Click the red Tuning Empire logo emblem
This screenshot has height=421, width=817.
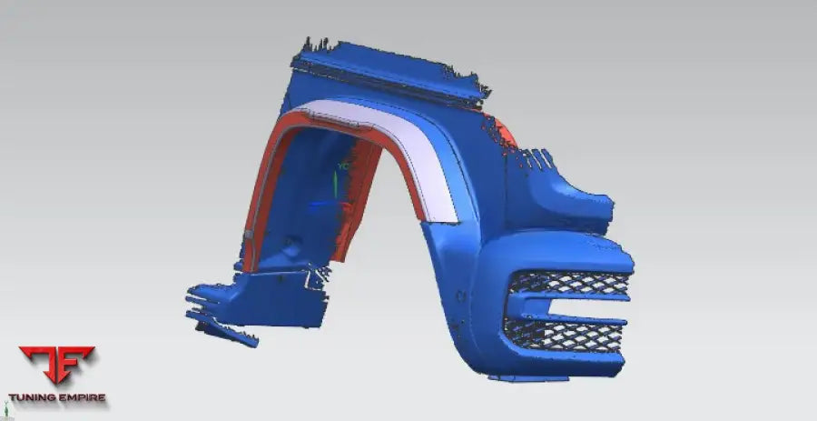tap(57, 364)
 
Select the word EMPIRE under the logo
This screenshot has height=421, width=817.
tap(80, 397)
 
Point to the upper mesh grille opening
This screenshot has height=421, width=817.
tap(570, 284)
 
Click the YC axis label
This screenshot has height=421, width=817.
tap(343, 165)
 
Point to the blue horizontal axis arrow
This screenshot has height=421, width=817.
tap(324, 205)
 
